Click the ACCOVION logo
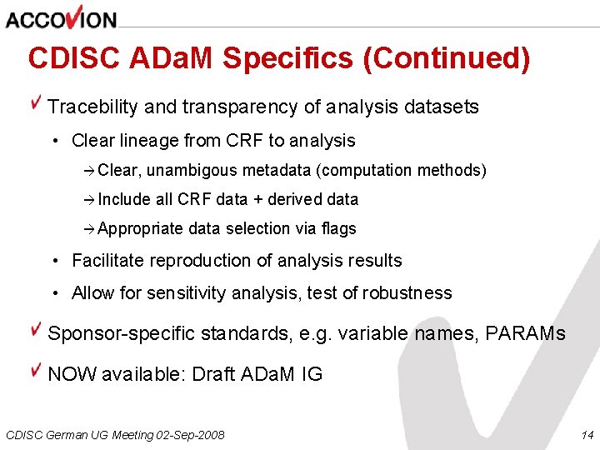(60, 17)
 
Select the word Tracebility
(92, 107)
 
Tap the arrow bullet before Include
(90, 199)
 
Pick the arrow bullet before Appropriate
(90, 228)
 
